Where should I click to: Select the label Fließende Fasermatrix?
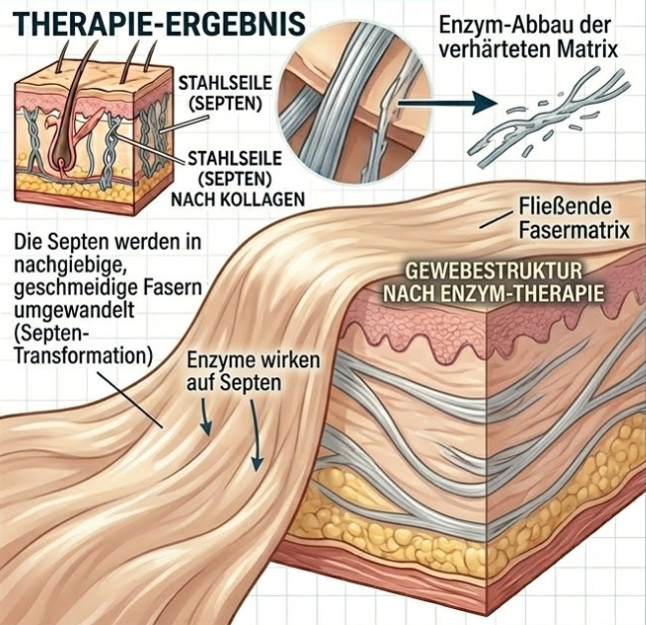[x=572, y=223]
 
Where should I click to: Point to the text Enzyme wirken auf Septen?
[x=231, y=370]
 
